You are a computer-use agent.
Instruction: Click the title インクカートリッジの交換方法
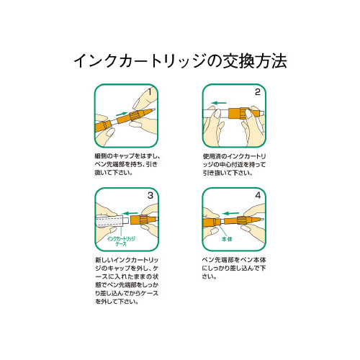pos(180,60)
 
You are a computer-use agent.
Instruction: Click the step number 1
pos(149,92)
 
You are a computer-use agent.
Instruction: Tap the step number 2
pos(256,92)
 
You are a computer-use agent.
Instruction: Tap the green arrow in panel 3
pos(130,212)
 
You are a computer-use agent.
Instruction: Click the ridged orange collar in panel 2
pos(237,113)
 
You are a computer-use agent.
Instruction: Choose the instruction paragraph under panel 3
pos(126,281)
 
